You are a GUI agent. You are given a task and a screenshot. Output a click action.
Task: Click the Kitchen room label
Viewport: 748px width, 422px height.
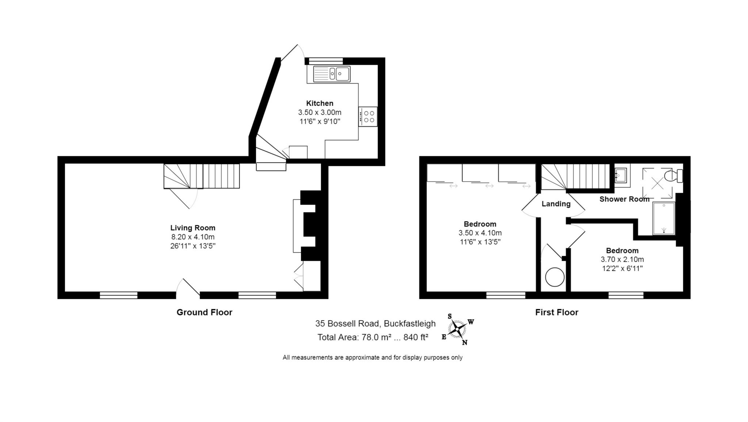coord(320,103)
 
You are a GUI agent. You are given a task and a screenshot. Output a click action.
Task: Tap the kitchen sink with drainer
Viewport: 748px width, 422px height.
coord(331,74)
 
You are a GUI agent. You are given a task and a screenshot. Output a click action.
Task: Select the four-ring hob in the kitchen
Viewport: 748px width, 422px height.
coord(368,116)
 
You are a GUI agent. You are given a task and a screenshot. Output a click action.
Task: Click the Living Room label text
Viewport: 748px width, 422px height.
coord(192,228)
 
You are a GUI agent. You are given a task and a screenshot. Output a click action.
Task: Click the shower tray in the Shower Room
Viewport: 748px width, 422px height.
coord(664,218)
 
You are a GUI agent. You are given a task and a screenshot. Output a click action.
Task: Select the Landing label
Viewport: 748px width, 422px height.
coord(556,204)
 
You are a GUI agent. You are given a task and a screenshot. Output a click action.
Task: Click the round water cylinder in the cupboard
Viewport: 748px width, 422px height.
coord(554,277)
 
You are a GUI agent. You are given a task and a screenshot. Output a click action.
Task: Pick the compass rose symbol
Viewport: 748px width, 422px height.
coord(457,329)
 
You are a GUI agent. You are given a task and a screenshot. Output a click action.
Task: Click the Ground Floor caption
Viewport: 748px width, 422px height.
coord(204,312)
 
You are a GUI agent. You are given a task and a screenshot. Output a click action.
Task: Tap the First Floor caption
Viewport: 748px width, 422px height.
coord(557,312)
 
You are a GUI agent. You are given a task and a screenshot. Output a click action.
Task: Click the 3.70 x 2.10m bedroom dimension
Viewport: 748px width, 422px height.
coord(622,260)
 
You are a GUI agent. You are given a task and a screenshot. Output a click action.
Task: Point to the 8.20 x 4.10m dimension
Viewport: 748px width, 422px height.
coord(192,237)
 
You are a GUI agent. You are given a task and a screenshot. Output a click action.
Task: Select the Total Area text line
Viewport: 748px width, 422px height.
coord(372,337)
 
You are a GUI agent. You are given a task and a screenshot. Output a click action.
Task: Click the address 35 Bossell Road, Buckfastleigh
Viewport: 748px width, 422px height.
coord(375,323)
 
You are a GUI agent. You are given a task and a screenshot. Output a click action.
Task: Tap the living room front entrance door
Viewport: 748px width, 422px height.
coord(188,288)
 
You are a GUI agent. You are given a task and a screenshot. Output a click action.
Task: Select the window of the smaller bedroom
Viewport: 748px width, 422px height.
coord(626,295)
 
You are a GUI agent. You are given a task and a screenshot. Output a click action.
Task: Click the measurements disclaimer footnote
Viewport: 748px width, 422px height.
coord(372,357)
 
